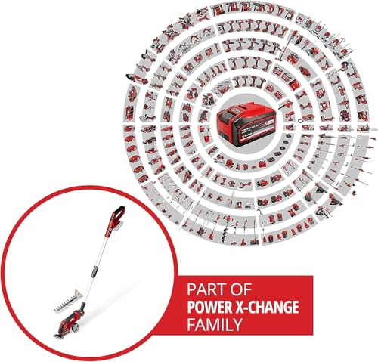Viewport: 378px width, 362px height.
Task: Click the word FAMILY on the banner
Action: click(214, 324)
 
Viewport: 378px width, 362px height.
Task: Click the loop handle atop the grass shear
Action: click(118, 215)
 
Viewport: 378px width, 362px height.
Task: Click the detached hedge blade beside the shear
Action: click(68, 301)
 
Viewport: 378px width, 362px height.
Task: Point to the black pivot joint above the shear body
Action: click(82, 307)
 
